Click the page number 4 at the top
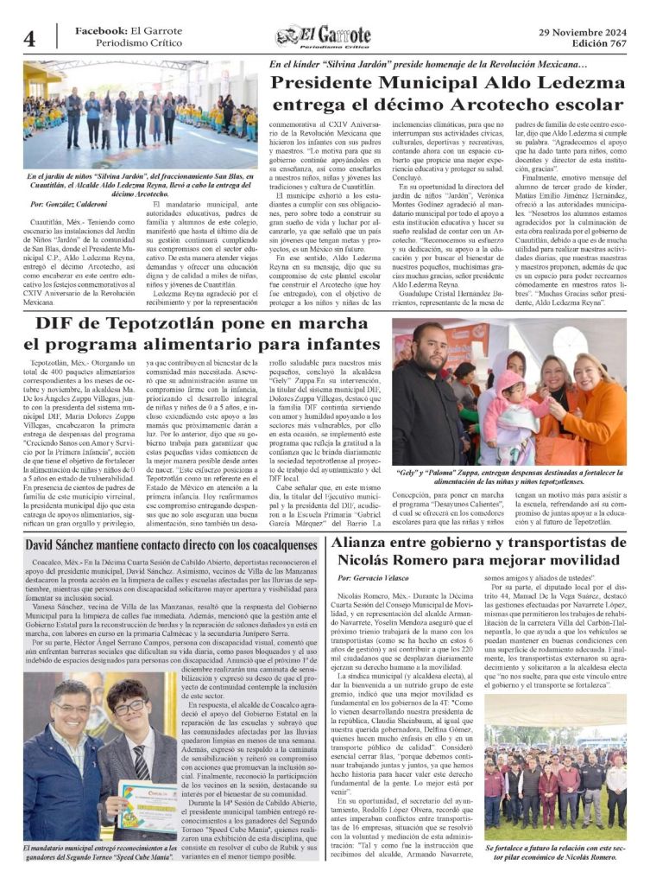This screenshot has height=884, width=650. pyautogui.click(x=29, y=38)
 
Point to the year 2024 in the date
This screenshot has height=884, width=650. pyautogui.click(x=609, y=30)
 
